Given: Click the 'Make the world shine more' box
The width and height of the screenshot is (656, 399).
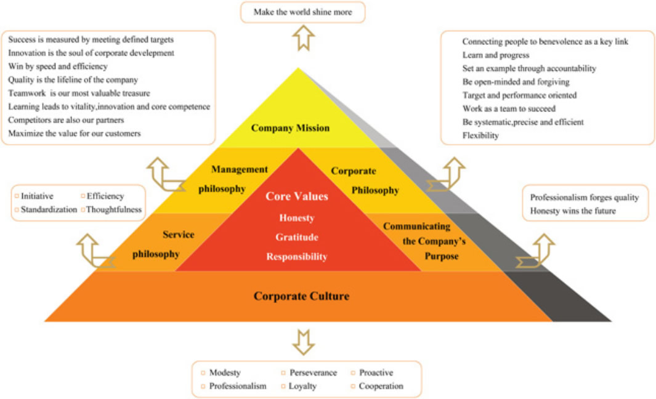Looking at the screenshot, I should [x=301, y=12].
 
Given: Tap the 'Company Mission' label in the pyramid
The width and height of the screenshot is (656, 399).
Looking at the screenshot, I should [x=290, y=128].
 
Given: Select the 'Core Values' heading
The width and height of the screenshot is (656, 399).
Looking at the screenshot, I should [x=297, y=196].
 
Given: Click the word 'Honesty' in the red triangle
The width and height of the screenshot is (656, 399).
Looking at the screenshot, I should [x=297, y=218].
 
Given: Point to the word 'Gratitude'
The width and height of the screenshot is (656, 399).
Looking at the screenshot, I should [x=297, y=237].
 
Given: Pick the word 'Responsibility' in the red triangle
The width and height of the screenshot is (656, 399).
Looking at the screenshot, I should [x=297, y=257].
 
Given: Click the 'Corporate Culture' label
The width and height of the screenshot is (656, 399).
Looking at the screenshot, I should [x=301, y=296].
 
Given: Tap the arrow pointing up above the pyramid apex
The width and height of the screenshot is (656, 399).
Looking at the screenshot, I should [x=303, y=39].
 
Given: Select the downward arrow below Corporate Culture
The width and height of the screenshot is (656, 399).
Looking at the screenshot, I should [x=303, y=342].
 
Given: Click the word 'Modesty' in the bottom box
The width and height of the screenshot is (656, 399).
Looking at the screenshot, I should [x=225, y=373].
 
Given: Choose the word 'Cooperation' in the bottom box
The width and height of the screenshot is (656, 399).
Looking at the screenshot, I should [x=381, y=386].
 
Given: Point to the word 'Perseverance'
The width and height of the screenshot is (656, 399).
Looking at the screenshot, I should [x=313, y=373].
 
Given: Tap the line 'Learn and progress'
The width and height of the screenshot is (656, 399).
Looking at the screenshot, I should [x=496, y=55].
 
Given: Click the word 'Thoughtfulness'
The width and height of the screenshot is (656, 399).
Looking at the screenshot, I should [x=114, y=209].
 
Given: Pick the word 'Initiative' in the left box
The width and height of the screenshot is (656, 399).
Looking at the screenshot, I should [x=37, y=196].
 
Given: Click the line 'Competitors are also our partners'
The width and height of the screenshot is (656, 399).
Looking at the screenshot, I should [x=66, y=119].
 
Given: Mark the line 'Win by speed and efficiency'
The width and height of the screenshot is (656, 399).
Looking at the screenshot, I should [x=58, y=66].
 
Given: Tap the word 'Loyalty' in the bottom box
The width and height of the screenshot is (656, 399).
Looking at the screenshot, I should [x=303, y=386].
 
